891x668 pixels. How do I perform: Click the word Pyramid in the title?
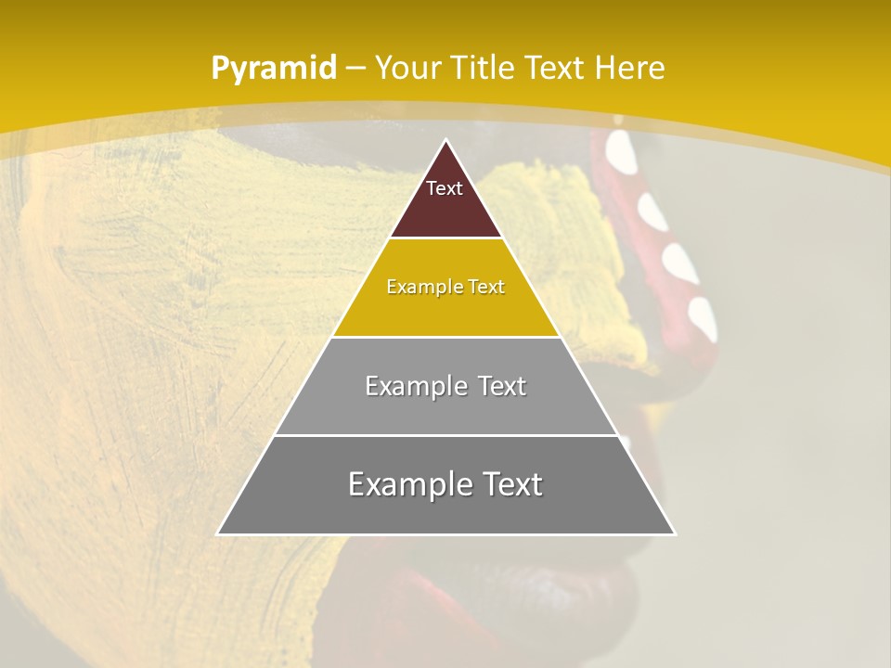273,68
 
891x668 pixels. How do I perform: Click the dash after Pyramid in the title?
355,69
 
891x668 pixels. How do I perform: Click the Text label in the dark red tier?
445,188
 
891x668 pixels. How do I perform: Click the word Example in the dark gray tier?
403,484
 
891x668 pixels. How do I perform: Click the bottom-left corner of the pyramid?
218,533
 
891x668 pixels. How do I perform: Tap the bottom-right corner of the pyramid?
675,533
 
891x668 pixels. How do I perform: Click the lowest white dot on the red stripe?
704,316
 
